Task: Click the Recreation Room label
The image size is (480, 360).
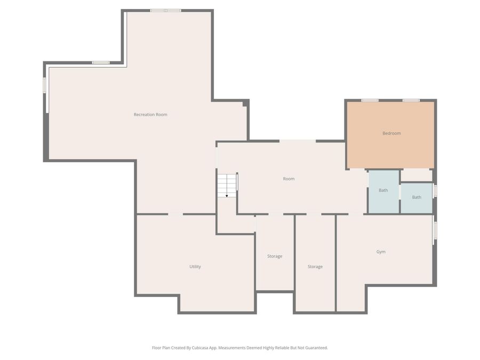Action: point(150,115)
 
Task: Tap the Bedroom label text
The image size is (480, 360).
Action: point(391,133)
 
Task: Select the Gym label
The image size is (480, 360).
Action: point(381,252)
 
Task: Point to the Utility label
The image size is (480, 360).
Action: point(195,267)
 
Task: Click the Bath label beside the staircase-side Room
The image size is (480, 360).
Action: point(383,190)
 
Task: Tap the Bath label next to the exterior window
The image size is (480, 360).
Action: point(417,197)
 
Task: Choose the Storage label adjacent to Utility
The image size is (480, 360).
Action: point(275,256)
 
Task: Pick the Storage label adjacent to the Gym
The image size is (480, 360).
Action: point(315,267)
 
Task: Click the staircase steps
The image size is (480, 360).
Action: point(227,186)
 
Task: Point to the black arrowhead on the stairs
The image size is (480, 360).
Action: point(227,196)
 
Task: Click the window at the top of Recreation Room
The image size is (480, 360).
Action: point(166,11)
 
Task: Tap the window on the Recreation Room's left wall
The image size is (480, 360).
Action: point(44,85)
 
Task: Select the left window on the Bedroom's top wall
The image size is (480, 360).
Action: point(370,100)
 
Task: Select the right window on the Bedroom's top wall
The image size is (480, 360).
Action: point(411,100)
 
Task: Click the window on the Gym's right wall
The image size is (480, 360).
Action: point(435,230)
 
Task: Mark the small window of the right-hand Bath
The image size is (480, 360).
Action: point(435,191)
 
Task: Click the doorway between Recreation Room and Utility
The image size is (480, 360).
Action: point(175,214)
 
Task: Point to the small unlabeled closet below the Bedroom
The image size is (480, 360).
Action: point(417,175)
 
